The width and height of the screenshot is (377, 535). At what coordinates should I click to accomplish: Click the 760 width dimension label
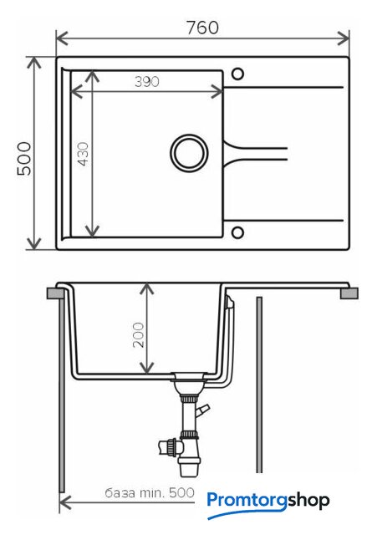tap(202, 28)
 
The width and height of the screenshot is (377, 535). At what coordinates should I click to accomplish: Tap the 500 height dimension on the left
tap(24, 159)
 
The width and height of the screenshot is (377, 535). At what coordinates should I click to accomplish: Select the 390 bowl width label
tap(147, 82)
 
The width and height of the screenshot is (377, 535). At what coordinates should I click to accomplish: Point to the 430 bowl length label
tap(83, 154)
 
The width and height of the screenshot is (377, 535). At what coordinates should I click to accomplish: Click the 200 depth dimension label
tap(138, 334)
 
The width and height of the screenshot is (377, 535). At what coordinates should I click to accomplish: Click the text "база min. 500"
tap(150, 492)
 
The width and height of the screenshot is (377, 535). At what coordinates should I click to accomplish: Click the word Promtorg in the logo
tap(247, 501)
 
